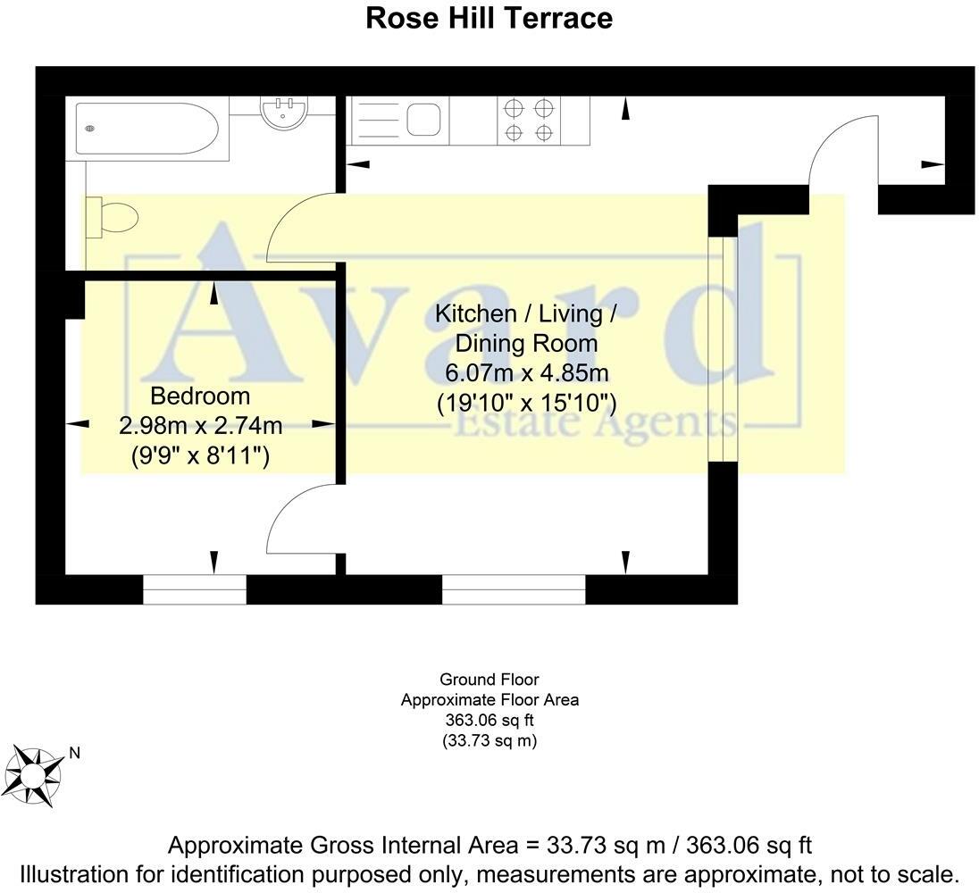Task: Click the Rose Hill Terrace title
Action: tap(489, 18)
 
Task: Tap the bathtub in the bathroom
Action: tap(147, 129)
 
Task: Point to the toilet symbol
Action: tap(112, 217)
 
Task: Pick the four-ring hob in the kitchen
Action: tap(529, 121)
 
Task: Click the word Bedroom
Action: tap(200, 396)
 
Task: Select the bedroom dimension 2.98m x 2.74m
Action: tap(200, 426)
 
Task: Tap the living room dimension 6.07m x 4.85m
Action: tap(526, 373)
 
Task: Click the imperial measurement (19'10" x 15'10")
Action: tap(526, 403)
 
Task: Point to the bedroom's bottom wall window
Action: tap(195, 589)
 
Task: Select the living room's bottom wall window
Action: tap(514, 589)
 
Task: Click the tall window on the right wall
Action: tap(723, 349)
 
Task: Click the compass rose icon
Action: tap(34, 776)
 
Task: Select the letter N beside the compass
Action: tap(75, 753)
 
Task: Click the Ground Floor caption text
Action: tap(489, 679)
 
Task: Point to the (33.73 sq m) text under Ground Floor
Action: tap(489, 740)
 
